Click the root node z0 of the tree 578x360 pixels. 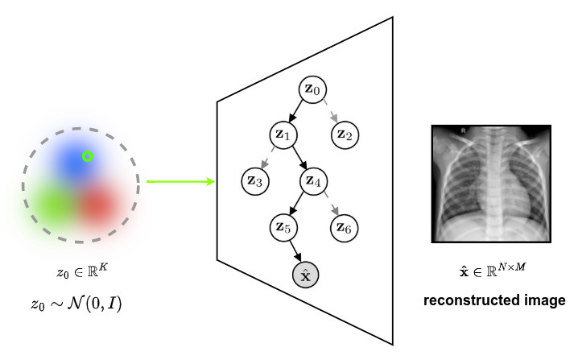312,89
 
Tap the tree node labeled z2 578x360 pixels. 345,134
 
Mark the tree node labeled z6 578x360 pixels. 345,228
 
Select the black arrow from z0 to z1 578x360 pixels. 298,111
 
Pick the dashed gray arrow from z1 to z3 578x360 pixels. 269,158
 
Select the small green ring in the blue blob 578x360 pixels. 88,156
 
